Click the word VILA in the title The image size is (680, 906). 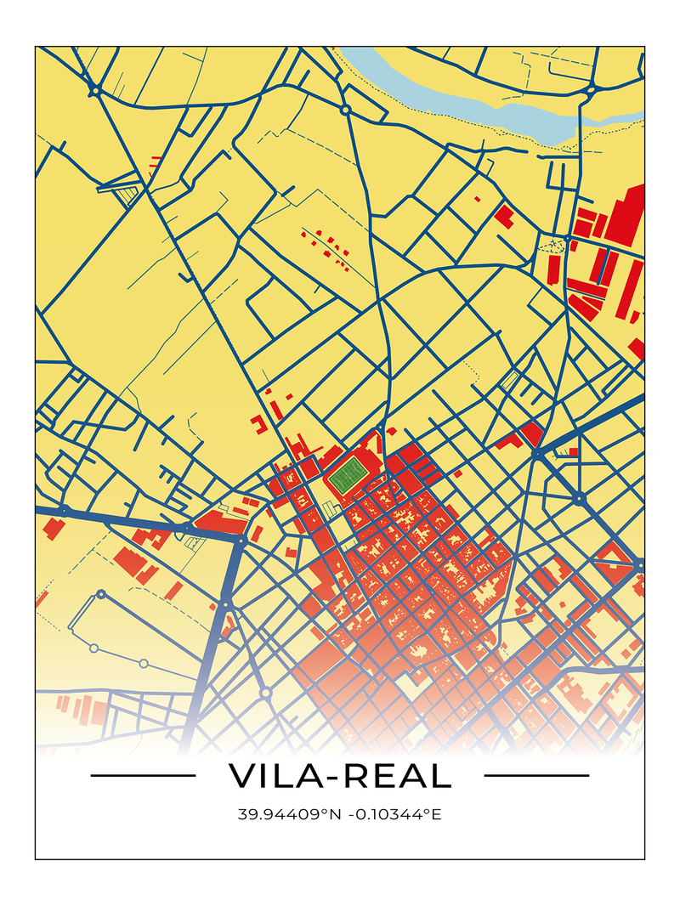point(270,776)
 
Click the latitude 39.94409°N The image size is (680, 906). point(289,815)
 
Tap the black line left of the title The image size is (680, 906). point(143,775)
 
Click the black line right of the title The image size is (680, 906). point(535,775)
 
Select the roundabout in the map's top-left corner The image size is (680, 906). point(96,90)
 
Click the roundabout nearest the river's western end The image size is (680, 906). point(345,110)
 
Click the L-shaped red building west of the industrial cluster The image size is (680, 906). point(503,216)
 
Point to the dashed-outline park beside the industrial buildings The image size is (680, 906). point(553,246)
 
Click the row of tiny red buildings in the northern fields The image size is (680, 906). point(326,246)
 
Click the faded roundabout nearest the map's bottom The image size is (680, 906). point(265,694)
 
